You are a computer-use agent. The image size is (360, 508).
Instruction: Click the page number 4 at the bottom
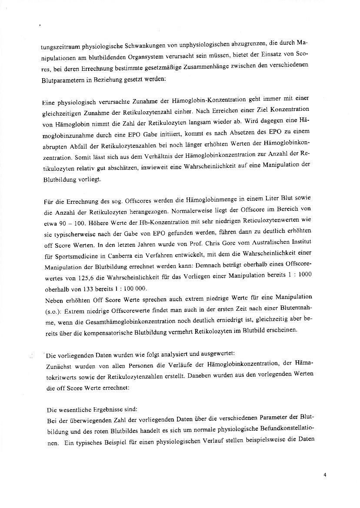(x=325, y=475)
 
